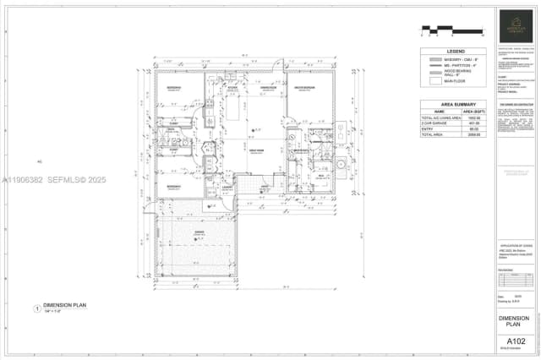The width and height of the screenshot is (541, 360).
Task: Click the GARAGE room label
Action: (199, 231)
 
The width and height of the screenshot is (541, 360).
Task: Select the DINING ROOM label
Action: (268, 87)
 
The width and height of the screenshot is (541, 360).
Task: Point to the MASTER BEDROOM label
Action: (305, 87)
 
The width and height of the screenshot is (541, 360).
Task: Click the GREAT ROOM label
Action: (257, 150)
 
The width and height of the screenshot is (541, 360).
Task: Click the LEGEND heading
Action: (456, 52)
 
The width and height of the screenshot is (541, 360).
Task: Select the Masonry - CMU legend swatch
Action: (436, 61)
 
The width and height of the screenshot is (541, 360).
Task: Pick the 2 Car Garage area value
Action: (473, 123)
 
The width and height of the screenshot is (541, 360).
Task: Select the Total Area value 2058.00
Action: (473, 134)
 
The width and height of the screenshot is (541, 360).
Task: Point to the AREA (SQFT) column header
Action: (473, 111)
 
